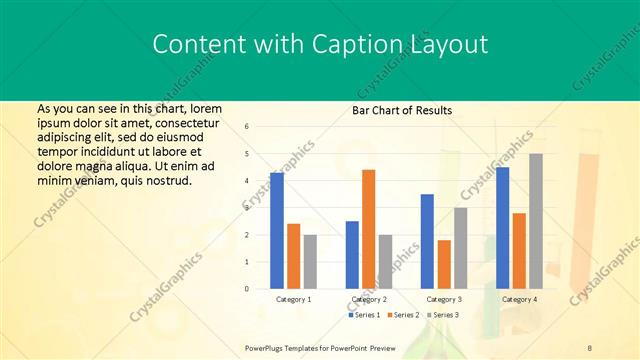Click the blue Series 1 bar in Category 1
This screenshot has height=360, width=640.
(277, 231)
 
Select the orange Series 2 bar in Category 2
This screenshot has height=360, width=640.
(369, 229)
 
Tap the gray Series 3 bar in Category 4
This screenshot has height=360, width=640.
(536, 221)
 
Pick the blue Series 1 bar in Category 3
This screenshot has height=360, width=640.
(427, 241)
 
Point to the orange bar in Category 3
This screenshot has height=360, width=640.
(444, 264)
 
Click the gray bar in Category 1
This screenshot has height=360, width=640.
(310, 261)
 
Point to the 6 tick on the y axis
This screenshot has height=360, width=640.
(246, 127)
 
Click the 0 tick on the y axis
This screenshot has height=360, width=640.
(246, 289)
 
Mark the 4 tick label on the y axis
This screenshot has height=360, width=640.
(246, 181)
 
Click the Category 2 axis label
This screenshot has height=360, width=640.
(369, 299)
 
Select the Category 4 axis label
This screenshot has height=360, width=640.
(519, 299)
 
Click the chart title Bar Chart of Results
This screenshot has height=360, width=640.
(402, 110)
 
